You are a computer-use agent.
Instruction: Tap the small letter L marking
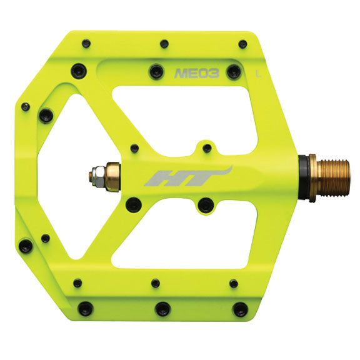pyautogui.click(x=258, y=74)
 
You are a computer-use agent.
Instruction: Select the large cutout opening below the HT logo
pyautogui.click(x=187, y=237)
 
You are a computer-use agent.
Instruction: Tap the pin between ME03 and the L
pyautogui.click(x=233, y=72)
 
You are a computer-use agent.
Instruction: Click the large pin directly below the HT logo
pyautogui.click(x=204, y=204)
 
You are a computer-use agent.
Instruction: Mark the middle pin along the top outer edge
pyautogui.click(x=164, y=44)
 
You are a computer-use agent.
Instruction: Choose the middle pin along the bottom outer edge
pyautogui.click(x=162, y=307)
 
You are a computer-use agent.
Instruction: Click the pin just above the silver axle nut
pyautogui.click(x=133, y=148)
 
